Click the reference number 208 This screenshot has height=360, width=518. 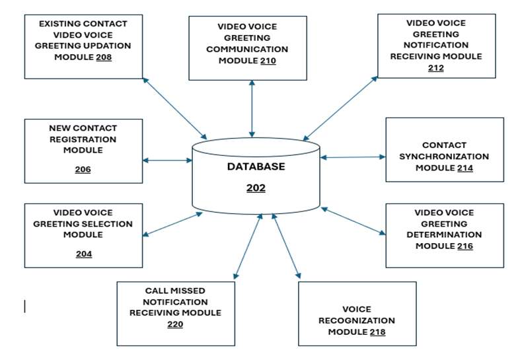103,57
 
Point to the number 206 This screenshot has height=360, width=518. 83,170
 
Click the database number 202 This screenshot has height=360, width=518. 256,188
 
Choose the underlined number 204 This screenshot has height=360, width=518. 84,254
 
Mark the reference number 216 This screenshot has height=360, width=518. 464,246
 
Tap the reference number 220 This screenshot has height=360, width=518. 174,324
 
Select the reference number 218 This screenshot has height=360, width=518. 377,332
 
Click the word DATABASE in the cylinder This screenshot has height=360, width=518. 256,166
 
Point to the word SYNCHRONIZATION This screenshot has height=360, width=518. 444,157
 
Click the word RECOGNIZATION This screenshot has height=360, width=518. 357,320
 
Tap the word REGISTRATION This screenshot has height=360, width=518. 83,139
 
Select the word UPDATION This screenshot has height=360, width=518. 106,46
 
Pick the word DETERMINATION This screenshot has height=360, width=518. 444,235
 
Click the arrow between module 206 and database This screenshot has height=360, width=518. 167,161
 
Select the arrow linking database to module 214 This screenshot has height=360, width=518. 353,157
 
